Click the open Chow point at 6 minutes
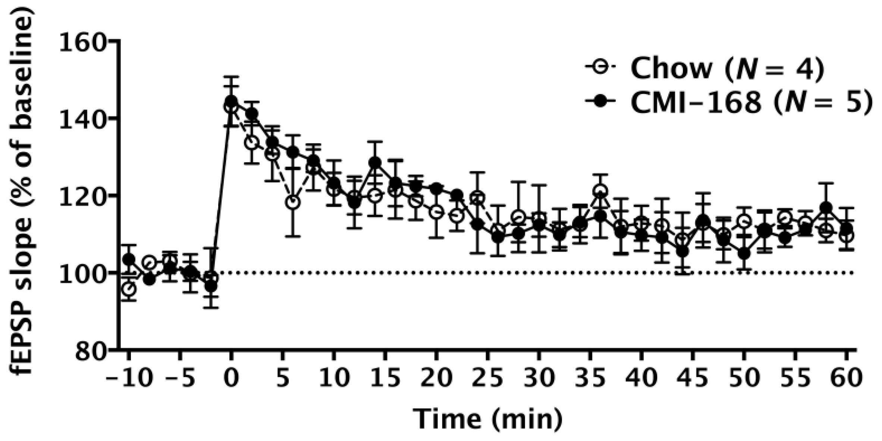[x=293, y=202]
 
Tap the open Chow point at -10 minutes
[x=129, y=289]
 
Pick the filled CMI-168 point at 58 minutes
[x=826, y=207]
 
